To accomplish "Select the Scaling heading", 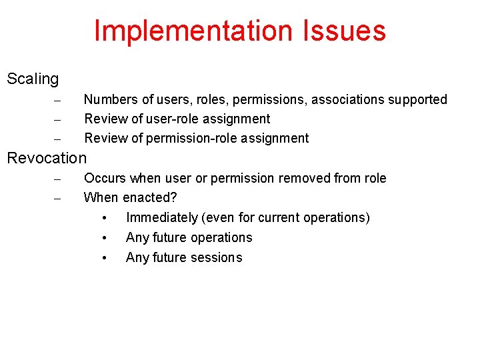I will (x=33, y=79).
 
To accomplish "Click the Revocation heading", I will (x=47, y=158).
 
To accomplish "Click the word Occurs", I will (x=105, y=178).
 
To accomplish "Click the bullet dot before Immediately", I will (x=105, y=218).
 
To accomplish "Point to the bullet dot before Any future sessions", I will (x=105, y=258).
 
